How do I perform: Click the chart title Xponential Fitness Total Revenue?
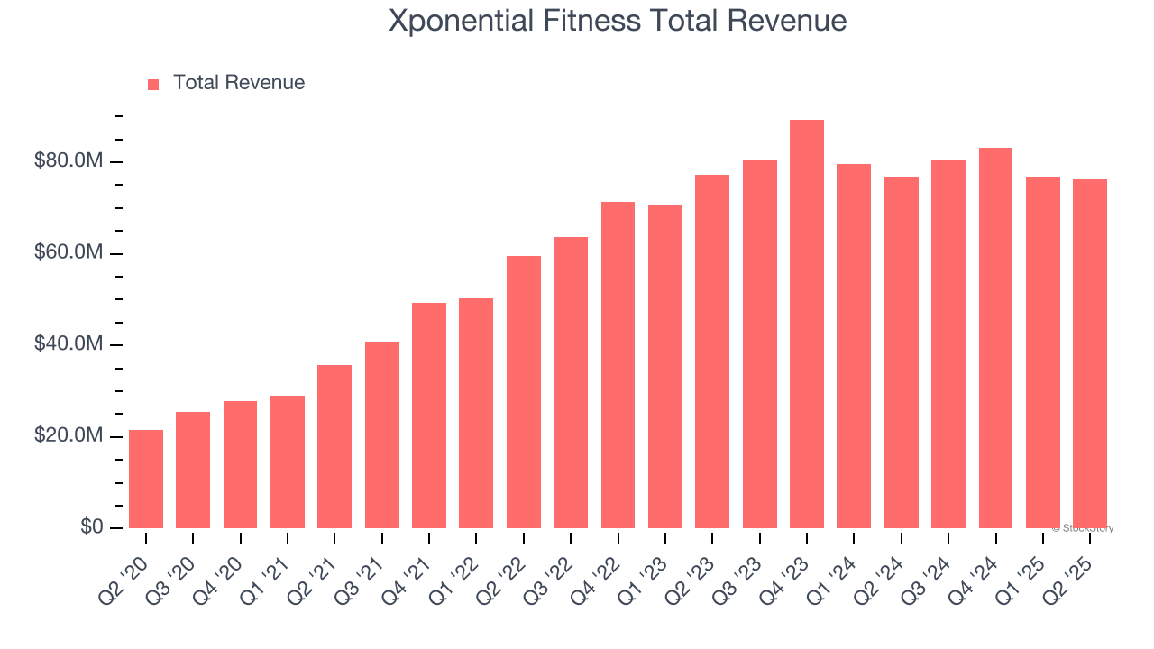tap(618, 21)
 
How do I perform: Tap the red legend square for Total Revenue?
tap(153, 84)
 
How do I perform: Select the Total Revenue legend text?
tap(239, 83)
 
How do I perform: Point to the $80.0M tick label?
tap(69, 161)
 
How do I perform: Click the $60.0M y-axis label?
tap(69, 253)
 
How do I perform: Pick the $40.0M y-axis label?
tap(69, 345)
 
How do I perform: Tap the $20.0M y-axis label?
tap(69, 436)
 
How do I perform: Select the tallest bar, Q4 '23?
tap(807, 324)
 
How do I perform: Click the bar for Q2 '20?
tap(146, 480)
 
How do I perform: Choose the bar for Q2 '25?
tap(1090, 353)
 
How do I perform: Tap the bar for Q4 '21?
tap(429, 416)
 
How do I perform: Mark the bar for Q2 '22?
tap(524, 392)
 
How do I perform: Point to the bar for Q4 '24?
tap(995, 338)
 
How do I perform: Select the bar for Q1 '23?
tap(665, 366)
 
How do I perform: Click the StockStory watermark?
tap(1083, 528)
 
